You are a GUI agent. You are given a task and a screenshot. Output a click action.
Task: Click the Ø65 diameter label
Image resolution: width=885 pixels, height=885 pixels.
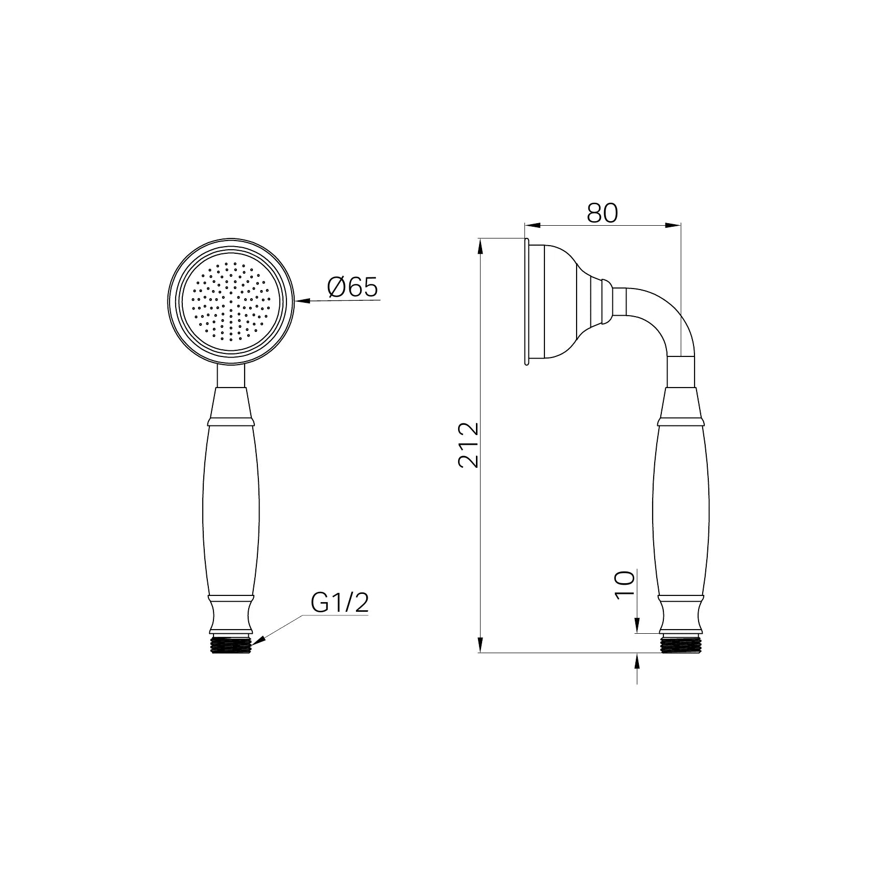pyautogui.click(x=352, y=288)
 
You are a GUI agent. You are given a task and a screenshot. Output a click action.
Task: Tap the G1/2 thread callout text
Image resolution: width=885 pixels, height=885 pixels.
pyautogui.click(x=340, y=603)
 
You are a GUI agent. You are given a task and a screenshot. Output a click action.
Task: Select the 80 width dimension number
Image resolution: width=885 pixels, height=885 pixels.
pyautogui.click(x=602, y=213)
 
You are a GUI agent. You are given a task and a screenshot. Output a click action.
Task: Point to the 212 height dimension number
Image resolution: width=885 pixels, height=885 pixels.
pyautogui.click(x=469, y=444)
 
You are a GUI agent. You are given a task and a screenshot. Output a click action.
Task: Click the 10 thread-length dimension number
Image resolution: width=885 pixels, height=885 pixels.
pyautogui.click(x=624, y=585)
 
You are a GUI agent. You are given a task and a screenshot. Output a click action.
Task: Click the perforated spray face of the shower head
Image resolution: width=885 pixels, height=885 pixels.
pyautogui.click(x=231, y=301)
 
